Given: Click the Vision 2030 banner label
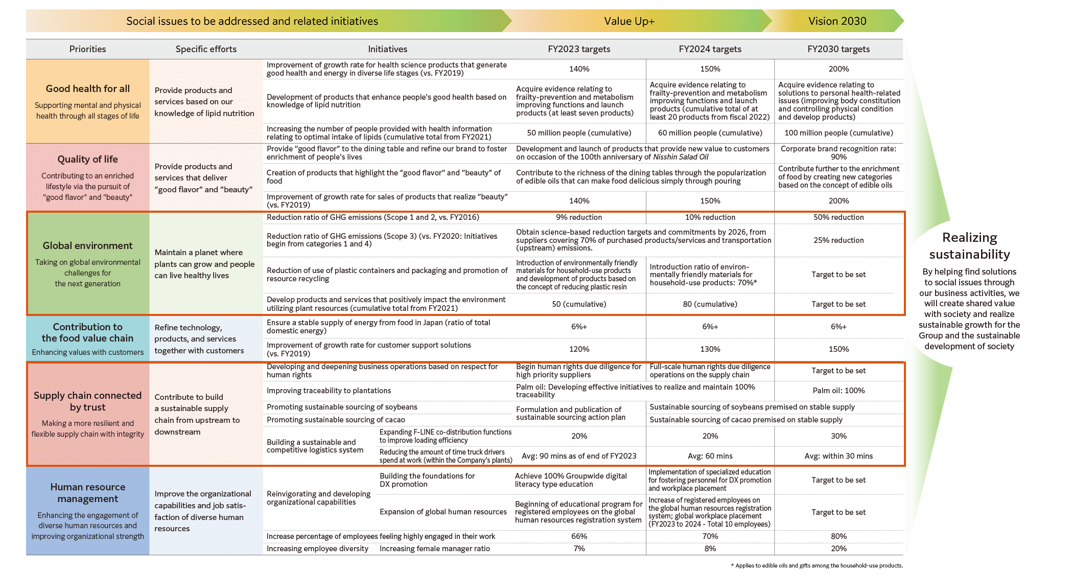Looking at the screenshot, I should click(x=837, y=21).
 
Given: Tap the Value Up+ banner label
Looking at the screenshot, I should click(x=629, y=21).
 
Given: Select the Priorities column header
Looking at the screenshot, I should click(x=87, y=49).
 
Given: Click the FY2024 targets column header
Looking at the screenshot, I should click(x=710, y=49).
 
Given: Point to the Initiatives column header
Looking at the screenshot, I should click(x=387, y=49).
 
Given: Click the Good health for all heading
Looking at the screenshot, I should click(x=87, y=88).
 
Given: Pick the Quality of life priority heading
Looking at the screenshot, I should click(x=87, y=159).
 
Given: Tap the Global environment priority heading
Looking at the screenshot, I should click(x=87, y=245).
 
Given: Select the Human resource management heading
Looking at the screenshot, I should click(x=87, y=493).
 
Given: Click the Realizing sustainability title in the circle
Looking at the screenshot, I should click(x=969, y=246).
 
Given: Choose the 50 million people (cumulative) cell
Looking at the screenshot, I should click(x=579, y=133).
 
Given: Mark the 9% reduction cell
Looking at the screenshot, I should click(x=579, y=217).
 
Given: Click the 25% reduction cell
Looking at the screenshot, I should click(x=838, y=240).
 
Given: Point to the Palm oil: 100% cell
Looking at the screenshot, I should click(x=838, y=391).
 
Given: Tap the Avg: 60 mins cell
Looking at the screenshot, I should click(x=710, y=456).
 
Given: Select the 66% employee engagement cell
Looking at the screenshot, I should click(x=579, y=536).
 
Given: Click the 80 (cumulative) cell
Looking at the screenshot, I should click(x=710, y=304).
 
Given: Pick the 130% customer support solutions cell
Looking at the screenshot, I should click(x=710, y=349).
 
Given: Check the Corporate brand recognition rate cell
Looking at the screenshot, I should click(x=838, y=153).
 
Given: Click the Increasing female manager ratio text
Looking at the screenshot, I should click(x=434, y=549).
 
